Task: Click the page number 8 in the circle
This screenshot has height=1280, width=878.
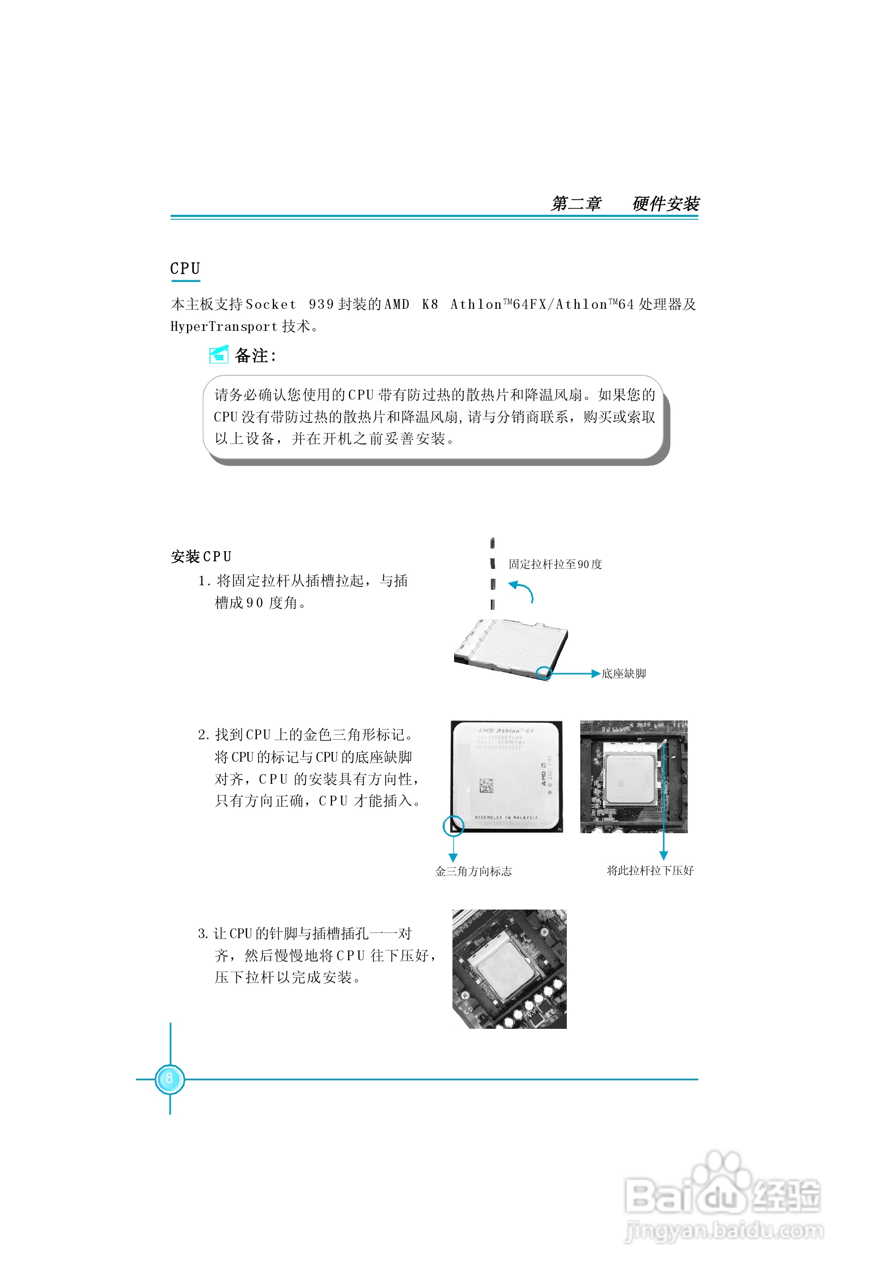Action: point(169,1078)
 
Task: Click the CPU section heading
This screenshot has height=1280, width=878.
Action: point(185,269)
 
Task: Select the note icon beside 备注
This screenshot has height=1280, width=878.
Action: point(218,355)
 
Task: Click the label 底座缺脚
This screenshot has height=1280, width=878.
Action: point(624,673)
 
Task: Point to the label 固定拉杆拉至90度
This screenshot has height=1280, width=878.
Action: point(555,564)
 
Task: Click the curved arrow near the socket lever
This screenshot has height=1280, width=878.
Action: point(522,591)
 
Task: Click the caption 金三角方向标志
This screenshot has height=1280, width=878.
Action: point(473,871)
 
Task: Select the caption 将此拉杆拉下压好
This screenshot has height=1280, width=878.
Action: point(650,870)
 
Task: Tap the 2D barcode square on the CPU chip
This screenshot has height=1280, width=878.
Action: point(486,785)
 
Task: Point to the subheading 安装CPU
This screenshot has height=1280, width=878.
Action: point(201,557)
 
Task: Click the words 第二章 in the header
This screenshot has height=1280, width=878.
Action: point(576,204)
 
